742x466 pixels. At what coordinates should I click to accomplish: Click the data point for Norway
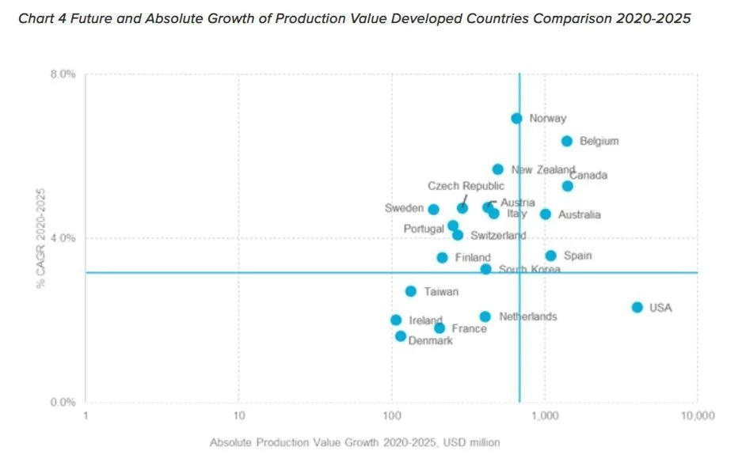click(x=516, y=118)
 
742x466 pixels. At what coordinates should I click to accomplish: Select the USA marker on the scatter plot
click(x=637, y=307)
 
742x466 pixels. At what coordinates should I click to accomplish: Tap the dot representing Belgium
click(x=567, y=141)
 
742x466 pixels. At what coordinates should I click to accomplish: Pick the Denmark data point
click(x=401, y=336)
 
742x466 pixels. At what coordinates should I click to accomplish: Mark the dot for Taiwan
click(x=410, y=291)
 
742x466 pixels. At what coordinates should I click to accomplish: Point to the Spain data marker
click(x=550, y=256)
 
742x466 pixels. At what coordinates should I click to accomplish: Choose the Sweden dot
click(x=433, y=209)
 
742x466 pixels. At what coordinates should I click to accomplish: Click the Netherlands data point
click(x=485, y=316)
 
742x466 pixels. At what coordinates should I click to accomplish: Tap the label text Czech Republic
click(x=466, y=186)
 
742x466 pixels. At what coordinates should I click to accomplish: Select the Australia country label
click(x=579, y=214)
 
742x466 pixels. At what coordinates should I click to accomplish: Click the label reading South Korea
click(x=529, y=270)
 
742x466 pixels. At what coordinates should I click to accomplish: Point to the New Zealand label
click(x=543, y=169)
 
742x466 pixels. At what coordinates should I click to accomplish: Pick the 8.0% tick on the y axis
click(x=63, y=74)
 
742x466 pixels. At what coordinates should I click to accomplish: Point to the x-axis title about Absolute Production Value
click(x=354, y=442)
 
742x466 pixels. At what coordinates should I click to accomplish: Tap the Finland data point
click(x=442, y=257)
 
